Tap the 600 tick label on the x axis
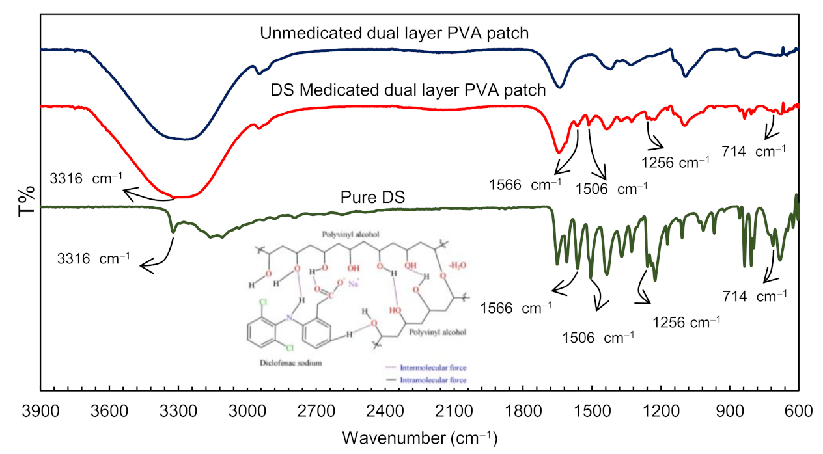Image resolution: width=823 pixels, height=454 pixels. (798, 412)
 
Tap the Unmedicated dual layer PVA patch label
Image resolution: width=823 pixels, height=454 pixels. (401, 33)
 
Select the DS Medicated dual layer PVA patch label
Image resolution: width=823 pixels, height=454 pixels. (408, 90)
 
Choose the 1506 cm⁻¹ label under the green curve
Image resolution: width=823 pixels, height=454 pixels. (596, 338)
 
